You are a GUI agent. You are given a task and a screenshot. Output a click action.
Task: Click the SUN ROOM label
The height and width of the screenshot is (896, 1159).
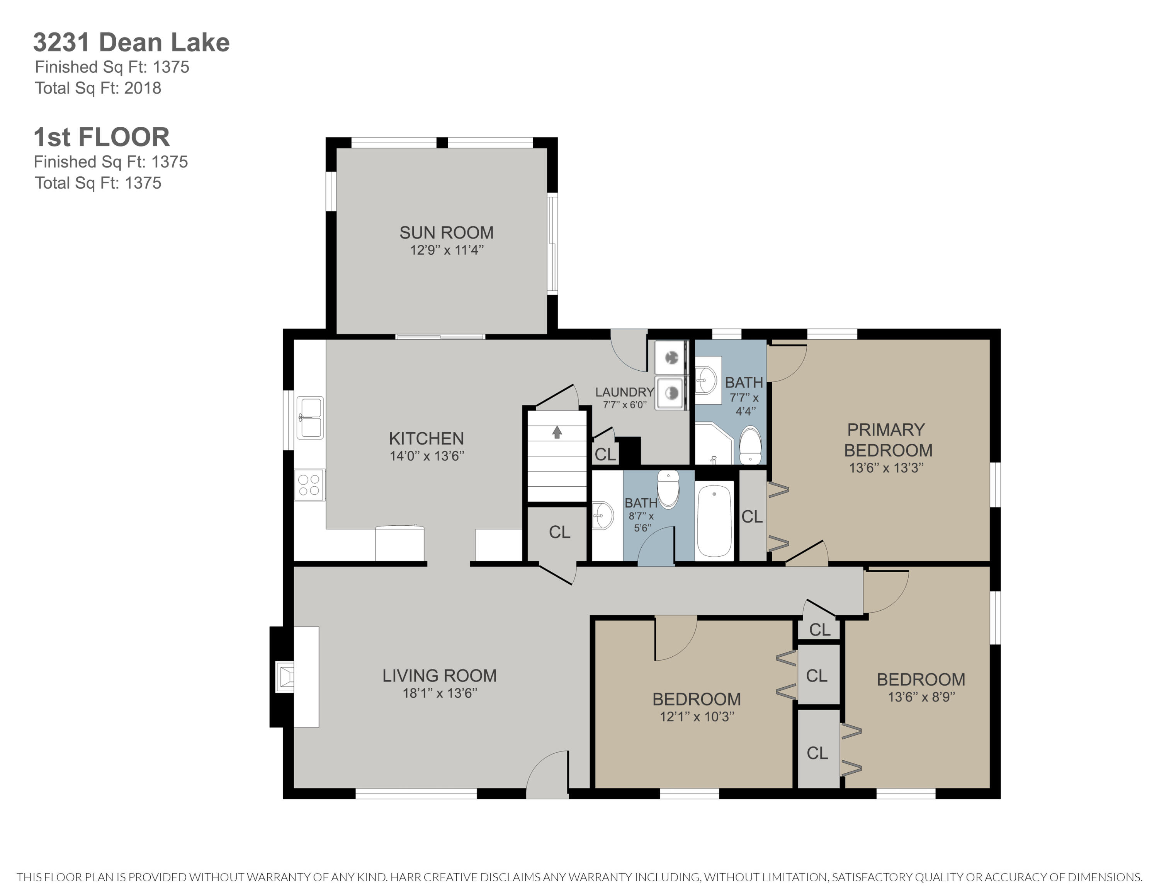click(x=446, y=232)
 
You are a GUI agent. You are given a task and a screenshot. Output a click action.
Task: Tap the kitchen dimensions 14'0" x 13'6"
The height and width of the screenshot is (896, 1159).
click(x=427, y=456)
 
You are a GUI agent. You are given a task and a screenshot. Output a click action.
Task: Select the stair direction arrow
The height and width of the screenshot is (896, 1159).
click(x=557, y=432)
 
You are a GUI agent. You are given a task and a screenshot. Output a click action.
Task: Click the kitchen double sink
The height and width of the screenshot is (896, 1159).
click(x=310, y=418)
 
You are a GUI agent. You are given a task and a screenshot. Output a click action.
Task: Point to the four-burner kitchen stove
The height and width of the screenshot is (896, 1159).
click(x=309, y=485)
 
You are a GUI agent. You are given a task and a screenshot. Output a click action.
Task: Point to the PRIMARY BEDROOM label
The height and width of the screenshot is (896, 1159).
click(x=888, y=439)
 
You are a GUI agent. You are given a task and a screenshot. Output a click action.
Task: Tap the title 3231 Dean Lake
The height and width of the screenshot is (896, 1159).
click(x=131, y=43)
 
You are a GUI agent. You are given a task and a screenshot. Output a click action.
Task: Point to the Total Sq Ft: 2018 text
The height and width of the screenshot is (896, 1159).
click(x=98, y=88)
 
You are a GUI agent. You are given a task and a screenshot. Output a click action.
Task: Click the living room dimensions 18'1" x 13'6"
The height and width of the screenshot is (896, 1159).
click(x=439, y=693)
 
